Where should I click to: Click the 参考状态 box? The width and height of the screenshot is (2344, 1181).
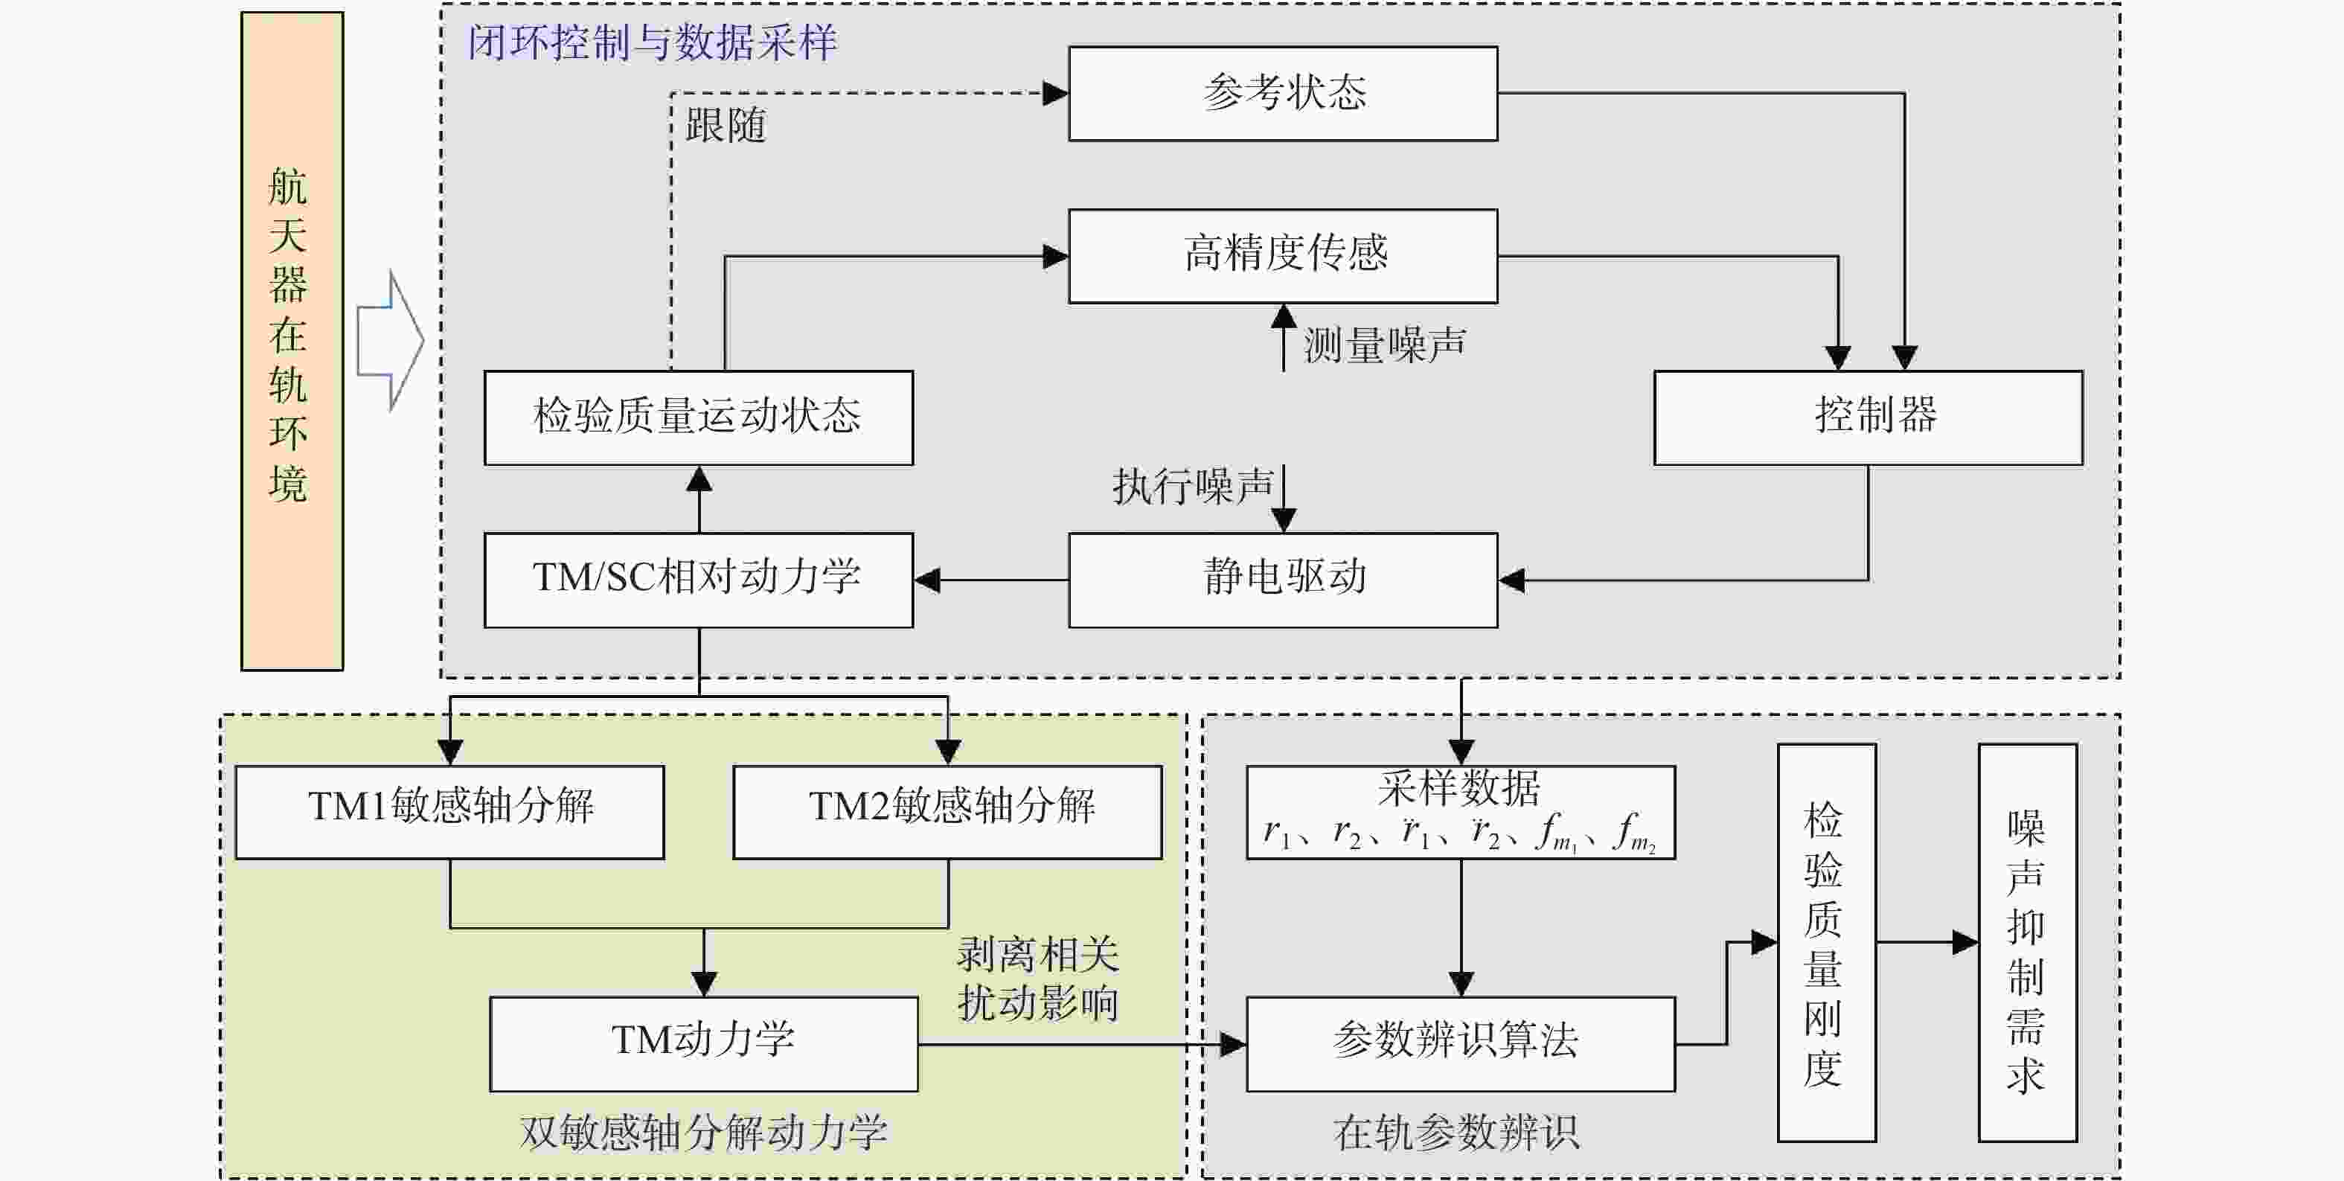point(1282,94)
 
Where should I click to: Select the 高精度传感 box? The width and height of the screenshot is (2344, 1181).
point(1282,256)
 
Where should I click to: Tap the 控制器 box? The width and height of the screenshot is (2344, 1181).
point(1867,417)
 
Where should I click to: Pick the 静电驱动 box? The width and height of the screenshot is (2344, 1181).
point(1282,580)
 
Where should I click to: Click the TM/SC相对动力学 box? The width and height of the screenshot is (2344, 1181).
point(698,580)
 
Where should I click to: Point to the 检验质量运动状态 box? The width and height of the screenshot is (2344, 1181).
point(698,417)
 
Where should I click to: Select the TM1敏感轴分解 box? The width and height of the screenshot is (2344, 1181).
point(449,812)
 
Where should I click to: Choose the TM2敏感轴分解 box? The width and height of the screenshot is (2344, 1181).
point(947,812)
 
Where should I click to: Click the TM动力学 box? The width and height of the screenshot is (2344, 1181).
point(703,1043)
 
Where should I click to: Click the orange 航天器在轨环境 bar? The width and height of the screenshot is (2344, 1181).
point(291,340)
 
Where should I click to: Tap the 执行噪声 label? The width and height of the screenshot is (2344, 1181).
point(1192,487)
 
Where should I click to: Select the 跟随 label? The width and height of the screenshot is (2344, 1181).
point(726,126)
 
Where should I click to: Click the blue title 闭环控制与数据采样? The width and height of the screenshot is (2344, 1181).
point(652,42)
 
